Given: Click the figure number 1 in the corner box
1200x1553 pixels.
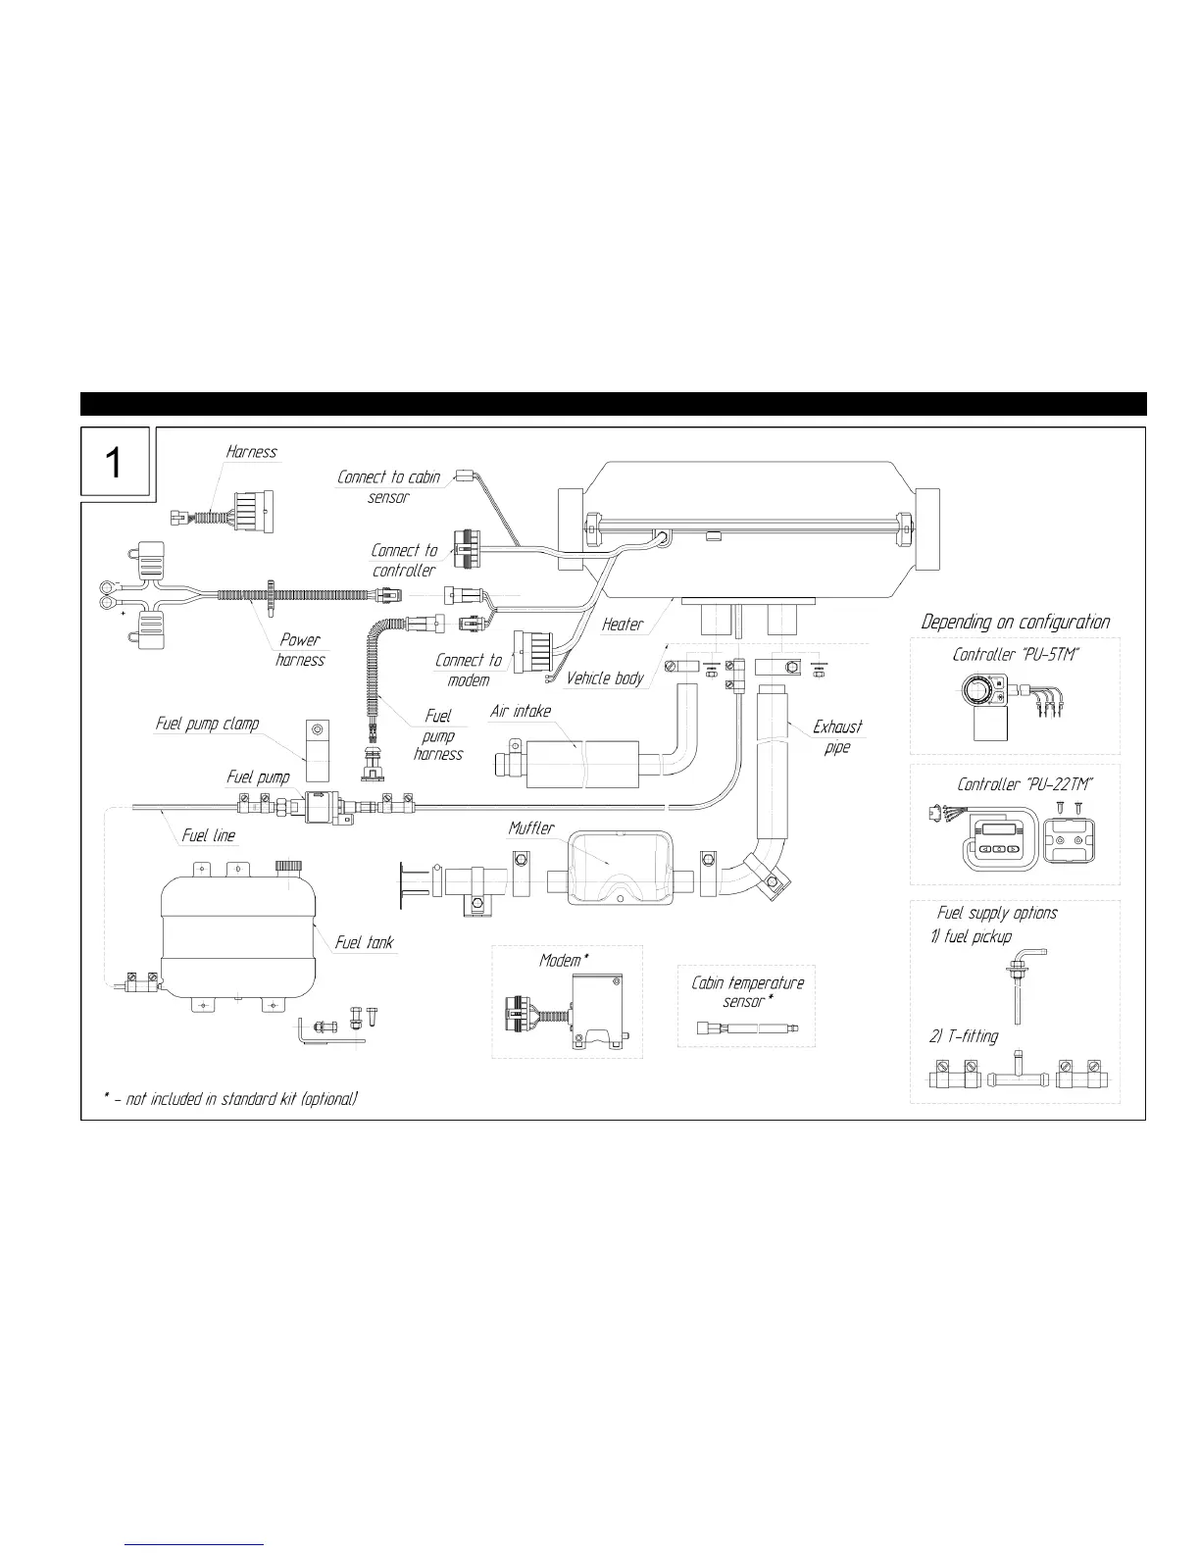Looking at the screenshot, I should point(115,462).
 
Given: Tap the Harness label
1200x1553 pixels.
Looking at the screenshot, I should point(252,452).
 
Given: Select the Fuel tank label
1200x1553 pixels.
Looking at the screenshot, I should point(364,942).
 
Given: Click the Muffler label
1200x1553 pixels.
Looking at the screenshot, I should point(531,828).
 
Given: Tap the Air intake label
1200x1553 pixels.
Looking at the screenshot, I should point(520,711).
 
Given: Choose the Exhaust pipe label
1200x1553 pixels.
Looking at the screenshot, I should point(837,736).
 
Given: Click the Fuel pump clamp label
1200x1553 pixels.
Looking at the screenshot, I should point(208,724).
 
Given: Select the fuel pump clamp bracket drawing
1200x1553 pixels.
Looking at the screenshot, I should point(316,742).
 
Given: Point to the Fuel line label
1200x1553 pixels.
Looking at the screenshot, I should point(209,835).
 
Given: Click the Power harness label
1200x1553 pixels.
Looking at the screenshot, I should point(300,649).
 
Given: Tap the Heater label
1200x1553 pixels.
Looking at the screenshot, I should point(623,625).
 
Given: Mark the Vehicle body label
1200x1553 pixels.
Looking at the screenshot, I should point(605,677).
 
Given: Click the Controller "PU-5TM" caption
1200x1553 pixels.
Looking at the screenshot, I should point(1016,654).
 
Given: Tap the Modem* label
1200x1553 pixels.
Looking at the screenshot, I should point(564,960).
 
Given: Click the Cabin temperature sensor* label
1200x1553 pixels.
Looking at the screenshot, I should point(747,991).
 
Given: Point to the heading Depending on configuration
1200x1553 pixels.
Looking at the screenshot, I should point(1016,623).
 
